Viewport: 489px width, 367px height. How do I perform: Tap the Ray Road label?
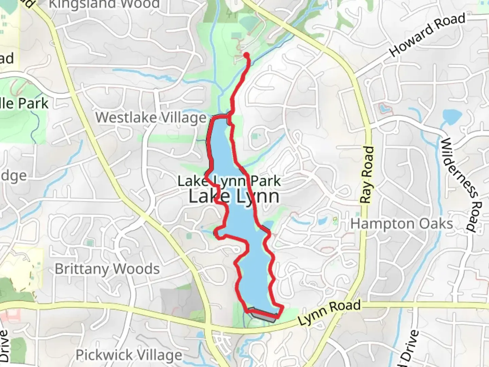click(x=367, y=175)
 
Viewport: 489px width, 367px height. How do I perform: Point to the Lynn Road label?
click(x=329, y=312)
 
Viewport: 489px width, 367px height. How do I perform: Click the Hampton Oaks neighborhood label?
click(x=402, y=224)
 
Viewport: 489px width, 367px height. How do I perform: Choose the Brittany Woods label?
click(x=107, y=269)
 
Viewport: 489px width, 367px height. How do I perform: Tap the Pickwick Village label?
click(x=129, y=355)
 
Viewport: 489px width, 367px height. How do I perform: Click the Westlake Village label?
click(x=151, y=118)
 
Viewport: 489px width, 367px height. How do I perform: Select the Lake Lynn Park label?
click(x=230, y=181)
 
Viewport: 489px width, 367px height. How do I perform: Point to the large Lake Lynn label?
click(x=234, y=196)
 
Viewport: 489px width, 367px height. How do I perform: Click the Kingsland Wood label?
click(x=104, y=4)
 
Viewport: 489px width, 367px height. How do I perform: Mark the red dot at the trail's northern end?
click(x=247, y=55)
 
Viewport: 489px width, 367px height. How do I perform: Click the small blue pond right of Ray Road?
click(x=384, y=109)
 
